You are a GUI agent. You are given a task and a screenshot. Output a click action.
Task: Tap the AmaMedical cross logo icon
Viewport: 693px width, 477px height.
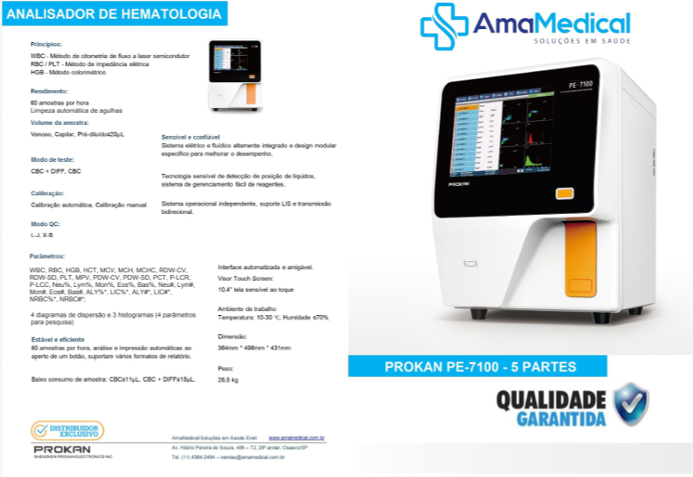[x=443, y=27]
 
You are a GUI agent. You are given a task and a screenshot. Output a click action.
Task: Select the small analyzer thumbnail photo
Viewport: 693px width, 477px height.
[x=234, y=75]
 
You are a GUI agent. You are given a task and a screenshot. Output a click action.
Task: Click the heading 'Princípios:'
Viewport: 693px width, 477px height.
[x=46, y=44]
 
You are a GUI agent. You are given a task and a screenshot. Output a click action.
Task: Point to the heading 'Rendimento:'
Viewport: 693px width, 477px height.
[x=49, y=91]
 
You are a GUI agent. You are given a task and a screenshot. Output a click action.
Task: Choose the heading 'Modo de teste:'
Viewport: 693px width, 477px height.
[x=52, y=160]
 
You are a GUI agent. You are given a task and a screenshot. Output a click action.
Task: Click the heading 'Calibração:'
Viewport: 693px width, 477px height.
[x=47, y=194]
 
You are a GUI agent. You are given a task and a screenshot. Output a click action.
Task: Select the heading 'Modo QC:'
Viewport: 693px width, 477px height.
[x=45, y=224]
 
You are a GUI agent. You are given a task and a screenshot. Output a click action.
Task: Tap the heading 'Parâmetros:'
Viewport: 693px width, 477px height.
[x=47, y=256]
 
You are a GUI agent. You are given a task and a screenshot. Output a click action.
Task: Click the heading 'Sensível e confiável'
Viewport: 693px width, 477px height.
[x=190, y=137]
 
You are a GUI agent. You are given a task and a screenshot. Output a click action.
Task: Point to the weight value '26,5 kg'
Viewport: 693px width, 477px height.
[x=228, y=379]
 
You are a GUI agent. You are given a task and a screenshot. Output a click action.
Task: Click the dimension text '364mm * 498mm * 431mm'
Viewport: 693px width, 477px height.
[x=254, y=348]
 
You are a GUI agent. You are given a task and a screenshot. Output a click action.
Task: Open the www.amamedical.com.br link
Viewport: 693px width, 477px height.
[x=296, y=438]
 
